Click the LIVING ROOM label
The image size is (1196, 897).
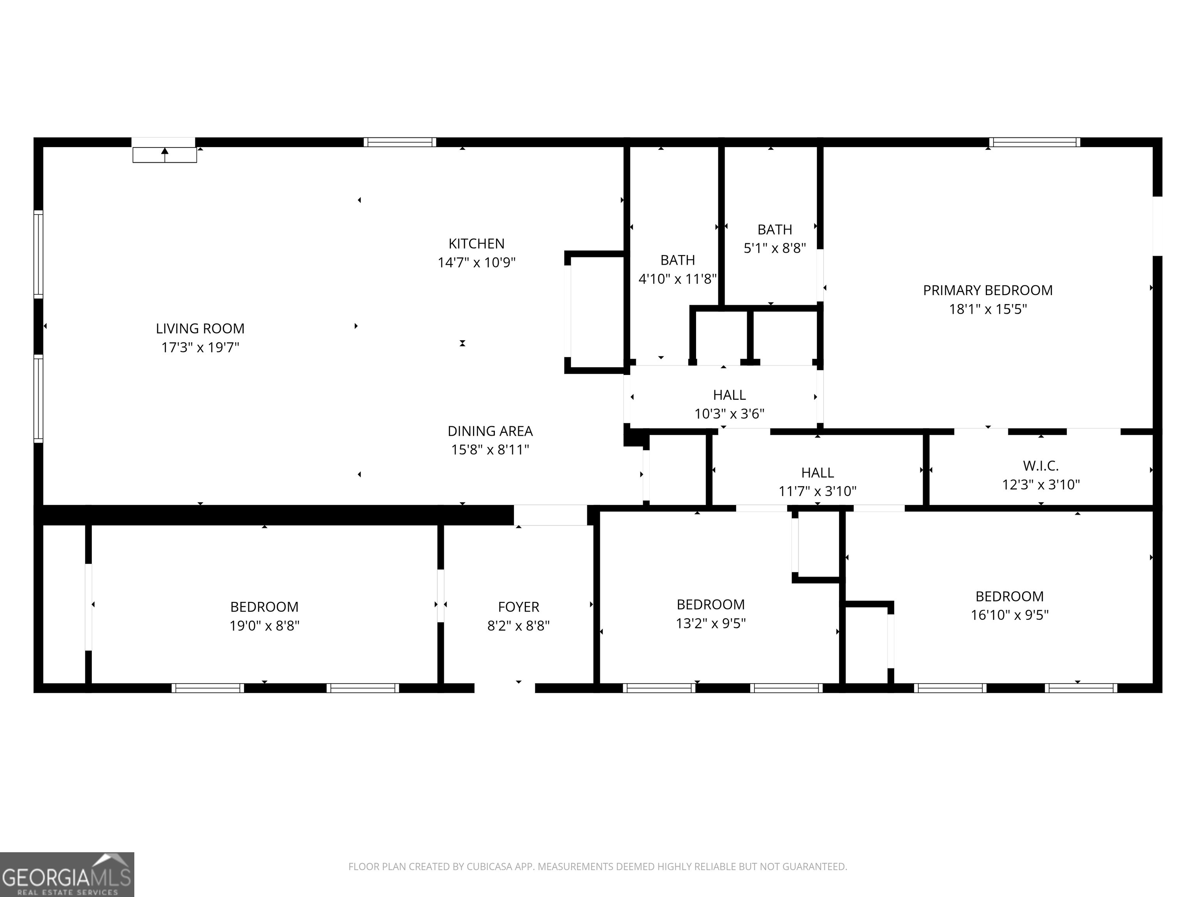coord(200,328)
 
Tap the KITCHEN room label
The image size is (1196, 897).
coord(477,244)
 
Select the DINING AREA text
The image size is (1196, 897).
coord(490,431)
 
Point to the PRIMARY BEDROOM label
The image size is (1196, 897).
coord(987,290)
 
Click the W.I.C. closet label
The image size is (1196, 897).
coord(1041,466)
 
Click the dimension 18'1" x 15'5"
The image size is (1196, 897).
coord(988,309)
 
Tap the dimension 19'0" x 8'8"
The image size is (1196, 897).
coord(264,626)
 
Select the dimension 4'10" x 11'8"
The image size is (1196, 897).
coord(677,279)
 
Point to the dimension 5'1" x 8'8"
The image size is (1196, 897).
coord(775,248)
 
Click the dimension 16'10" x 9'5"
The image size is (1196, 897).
coord(1010,615)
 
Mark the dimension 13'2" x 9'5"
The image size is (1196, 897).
coord(711,623)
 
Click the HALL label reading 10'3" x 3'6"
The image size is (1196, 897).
coord(729,395)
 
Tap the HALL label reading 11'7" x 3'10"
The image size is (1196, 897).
coord(818,473)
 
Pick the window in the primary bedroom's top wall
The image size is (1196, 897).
coord(1034,142)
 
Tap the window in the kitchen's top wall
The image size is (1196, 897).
coord(399,142)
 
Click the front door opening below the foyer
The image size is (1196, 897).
coord(505,688)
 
